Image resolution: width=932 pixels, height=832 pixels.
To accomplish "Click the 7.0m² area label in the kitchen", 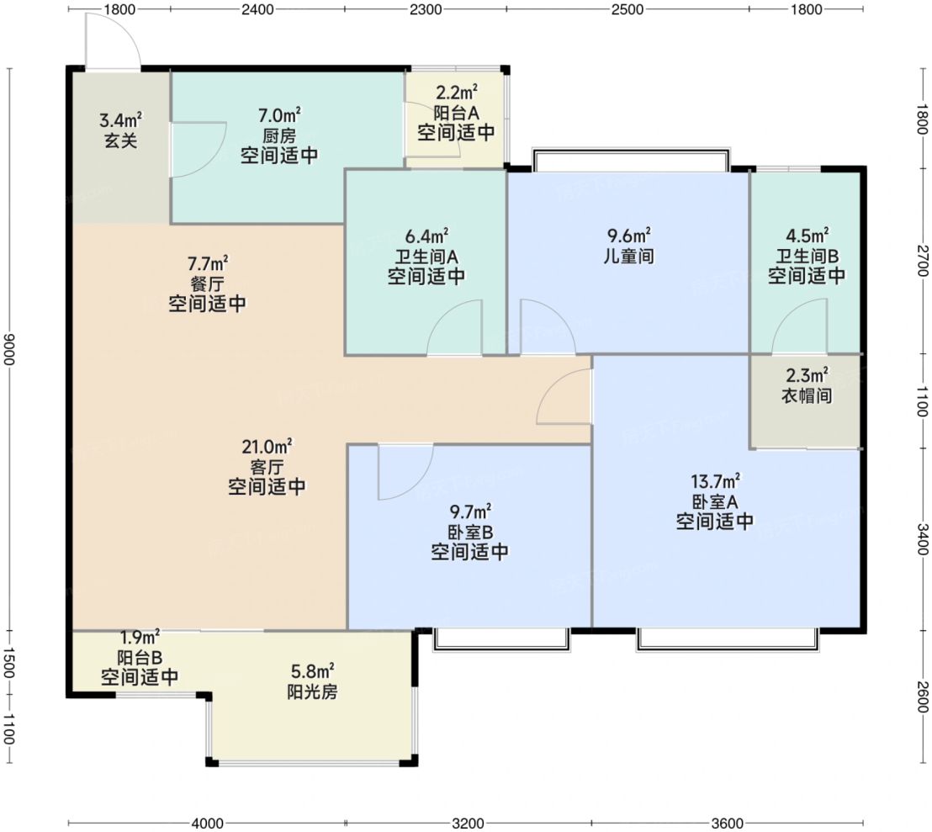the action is point(278,114).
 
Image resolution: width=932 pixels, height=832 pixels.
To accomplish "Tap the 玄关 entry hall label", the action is point(120,140).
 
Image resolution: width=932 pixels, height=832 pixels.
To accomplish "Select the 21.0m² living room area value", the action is point(267,446).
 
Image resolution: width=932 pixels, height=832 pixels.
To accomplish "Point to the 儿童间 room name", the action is point(629,256).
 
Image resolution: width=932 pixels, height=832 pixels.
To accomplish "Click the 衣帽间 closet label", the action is point(807,395).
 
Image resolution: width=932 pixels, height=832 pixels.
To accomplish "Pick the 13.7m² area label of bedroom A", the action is point(715,481).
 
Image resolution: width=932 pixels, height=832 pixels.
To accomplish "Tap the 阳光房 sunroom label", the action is point(313,692).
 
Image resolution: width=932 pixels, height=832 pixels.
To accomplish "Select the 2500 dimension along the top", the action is point(628,9).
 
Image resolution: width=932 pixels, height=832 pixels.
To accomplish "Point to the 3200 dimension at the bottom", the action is point(468,823).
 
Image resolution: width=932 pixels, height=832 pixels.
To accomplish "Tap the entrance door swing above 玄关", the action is point(113,40).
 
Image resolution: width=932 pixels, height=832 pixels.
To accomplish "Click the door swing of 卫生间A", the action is point(454,328).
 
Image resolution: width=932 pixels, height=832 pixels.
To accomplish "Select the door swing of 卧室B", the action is point(405,472).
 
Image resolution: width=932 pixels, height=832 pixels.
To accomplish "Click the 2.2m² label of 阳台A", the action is point(457,93).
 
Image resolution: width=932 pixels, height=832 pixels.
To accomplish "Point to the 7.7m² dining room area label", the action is point(208,262).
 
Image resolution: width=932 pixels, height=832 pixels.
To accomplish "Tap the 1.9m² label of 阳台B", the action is point(140,638).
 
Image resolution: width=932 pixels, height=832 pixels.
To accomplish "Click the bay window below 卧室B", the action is point(501,639).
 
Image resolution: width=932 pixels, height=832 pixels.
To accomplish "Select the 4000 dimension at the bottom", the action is point(208,823).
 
